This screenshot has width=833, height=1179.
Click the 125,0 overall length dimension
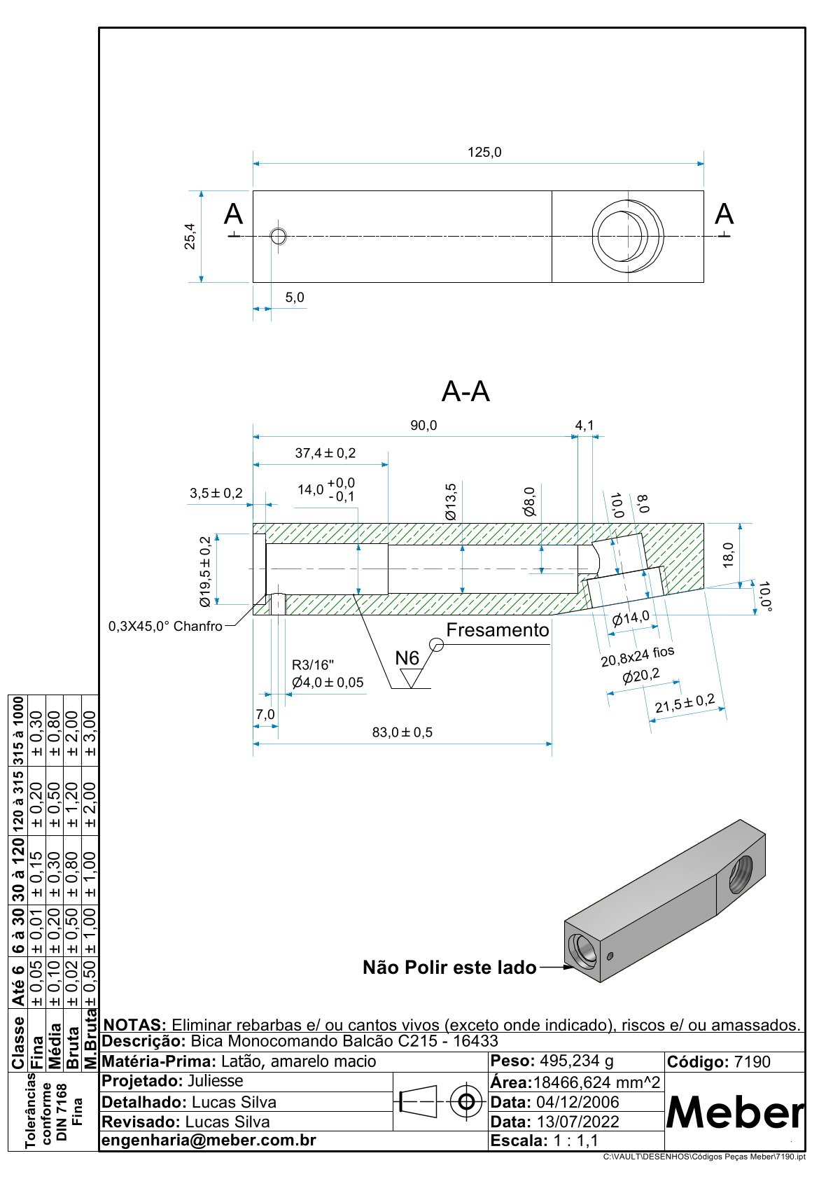coord(484,153)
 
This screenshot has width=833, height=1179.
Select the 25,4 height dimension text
coord(190,237)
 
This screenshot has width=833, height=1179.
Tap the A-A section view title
coord(465,391)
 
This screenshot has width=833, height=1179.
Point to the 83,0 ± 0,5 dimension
coord(402,732)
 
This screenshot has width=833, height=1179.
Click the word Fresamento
coord(497,630)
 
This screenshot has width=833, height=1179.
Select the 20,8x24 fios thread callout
coord(637,656)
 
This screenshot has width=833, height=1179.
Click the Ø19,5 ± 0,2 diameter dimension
coord(205,571)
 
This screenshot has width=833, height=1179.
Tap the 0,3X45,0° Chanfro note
coord(165,627)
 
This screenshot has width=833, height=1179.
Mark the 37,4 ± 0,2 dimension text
coord(325,453)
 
